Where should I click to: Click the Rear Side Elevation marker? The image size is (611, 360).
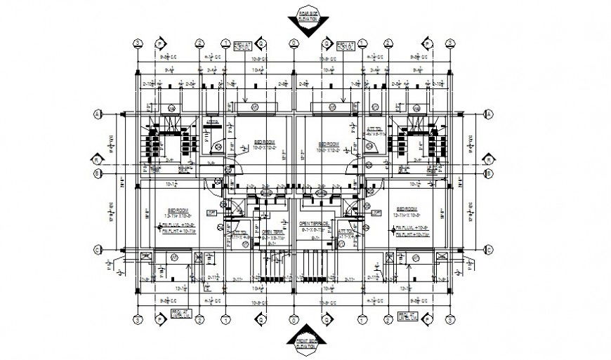(x=305, y=19)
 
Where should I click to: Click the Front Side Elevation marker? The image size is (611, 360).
(x=305, y=342)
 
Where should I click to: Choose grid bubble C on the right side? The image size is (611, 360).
(x=489, y=248)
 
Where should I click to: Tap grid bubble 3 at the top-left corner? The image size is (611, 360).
(x=139, y=42)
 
